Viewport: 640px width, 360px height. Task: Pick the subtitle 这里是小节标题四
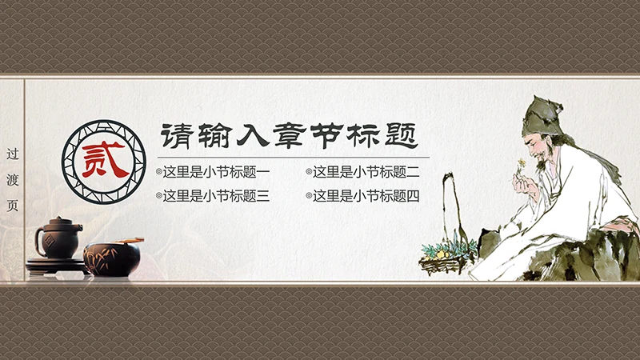click(366, 195)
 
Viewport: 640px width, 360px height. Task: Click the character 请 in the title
click(174, 134)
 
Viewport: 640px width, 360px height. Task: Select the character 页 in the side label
click(11, 205)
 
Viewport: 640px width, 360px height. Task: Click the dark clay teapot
click(57, 240)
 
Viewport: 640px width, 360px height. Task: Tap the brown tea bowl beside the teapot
click(111, 257)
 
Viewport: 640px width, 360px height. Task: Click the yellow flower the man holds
click(521, 164)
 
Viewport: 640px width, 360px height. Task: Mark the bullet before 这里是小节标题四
click(308, 196)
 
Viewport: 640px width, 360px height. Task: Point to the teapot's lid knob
click(58, 218)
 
